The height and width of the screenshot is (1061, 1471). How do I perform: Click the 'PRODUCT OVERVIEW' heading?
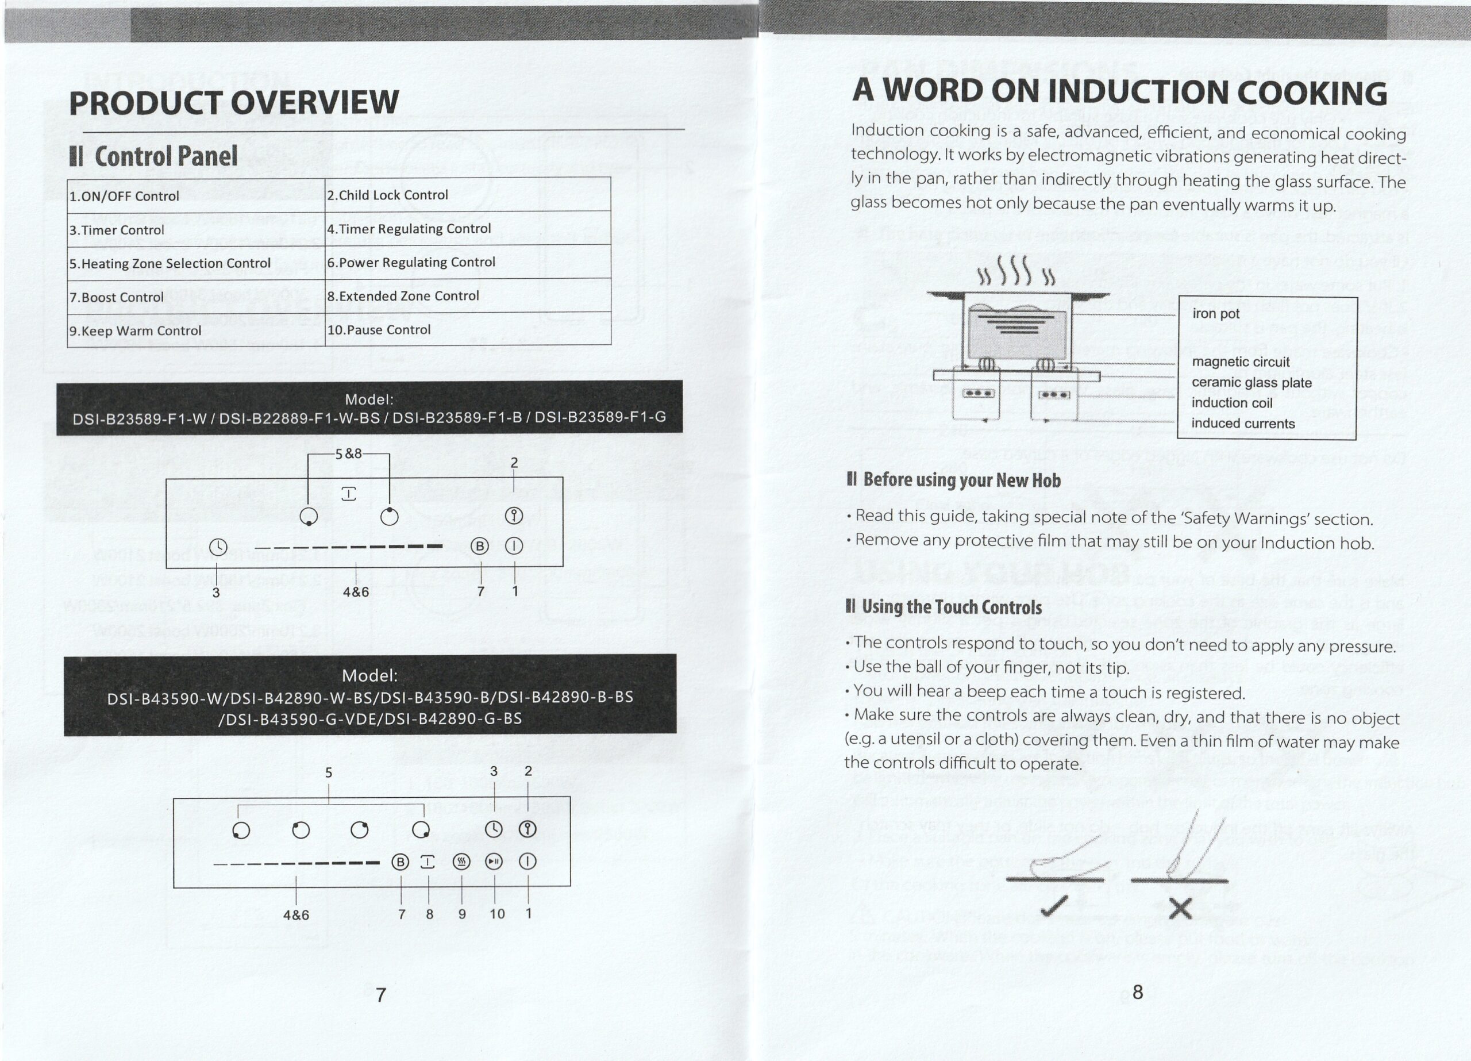coord(233,102)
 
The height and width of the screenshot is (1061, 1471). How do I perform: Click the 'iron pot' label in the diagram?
coord(1215,313)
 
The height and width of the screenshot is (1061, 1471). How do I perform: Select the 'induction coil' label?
coord(1233,403)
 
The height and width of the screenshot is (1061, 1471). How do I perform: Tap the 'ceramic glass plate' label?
coord(1251,382)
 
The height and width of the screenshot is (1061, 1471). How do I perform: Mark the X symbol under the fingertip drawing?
coord(1180,909)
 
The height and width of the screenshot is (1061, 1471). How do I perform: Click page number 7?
coord(382,994)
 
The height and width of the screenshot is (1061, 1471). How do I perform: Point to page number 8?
coord(1138,991)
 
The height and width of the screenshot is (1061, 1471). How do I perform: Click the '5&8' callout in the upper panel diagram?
coord(348,453)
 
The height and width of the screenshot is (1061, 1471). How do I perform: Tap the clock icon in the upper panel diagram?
coord(218,547)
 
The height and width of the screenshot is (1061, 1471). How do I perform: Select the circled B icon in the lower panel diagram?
coord(400,862)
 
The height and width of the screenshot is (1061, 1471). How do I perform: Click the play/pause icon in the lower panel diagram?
coord(494,862)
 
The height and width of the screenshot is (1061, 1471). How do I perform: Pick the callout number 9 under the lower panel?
coord(462,914)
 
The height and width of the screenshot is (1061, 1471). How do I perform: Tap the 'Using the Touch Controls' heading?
coord(944,607)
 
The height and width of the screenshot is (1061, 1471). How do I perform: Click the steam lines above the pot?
coord(1016,272)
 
